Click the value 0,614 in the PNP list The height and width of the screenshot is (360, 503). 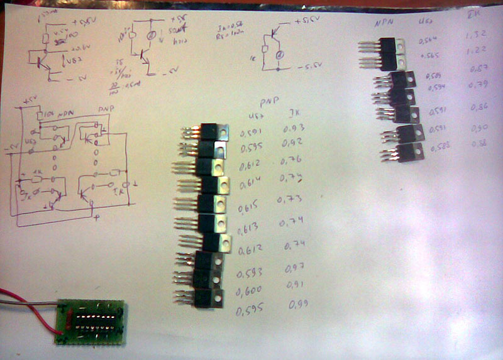click(x=250, y=185)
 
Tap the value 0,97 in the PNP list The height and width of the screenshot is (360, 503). click(x=296, y=270)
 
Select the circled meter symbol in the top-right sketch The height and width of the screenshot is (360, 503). click(x=280, y=55)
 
